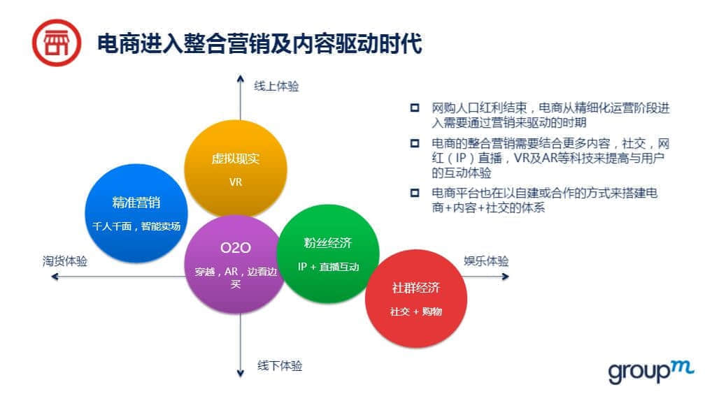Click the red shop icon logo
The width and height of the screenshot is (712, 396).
point(57,43)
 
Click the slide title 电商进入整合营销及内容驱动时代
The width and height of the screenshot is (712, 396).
point(259,43)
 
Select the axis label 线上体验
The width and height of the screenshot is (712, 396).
point(276,86)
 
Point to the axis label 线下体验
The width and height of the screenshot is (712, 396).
point(280,365)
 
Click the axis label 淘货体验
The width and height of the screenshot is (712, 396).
point(65,261)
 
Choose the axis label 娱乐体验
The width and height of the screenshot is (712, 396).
point(486,261)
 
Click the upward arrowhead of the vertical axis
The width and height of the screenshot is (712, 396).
point(240,78)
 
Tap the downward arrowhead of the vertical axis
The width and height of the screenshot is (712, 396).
point(240,374)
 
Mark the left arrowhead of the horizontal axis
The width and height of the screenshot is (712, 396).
point(55,277)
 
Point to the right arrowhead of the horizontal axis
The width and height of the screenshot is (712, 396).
point(506,277)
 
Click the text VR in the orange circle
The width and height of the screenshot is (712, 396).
point(236,182)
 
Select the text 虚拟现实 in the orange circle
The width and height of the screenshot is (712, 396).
point(235,159)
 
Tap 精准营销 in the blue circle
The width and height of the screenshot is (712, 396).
point(136,203)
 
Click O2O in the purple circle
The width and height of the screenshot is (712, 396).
point(235,248)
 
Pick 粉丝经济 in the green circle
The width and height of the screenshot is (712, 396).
point(328,243)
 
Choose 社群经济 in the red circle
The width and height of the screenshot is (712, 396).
point(416,288)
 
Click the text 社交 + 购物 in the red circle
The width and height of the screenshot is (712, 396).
point(416,311)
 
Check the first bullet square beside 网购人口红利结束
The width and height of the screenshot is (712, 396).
point(415,108)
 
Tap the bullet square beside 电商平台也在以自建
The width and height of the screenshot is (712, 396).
point(415,193)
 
